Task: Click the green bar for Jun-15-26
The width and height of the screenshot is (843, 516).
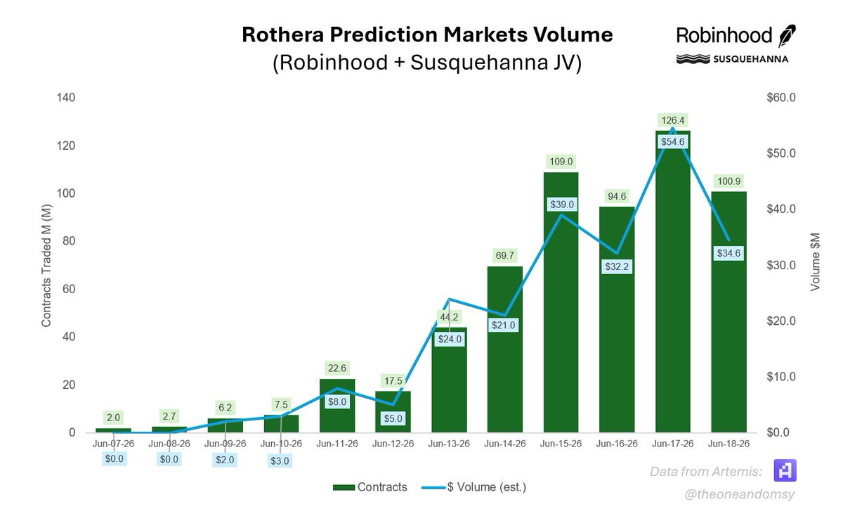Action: (x=561, y=302)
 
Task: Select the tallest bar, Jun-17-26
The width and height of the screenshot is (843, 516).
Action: (x=672, y=282)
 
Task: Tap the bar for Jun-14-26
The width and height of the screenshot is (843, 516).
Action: (x=504, y=349)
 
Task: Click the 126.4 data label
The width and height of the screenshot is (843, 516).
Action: (x=672, y=120)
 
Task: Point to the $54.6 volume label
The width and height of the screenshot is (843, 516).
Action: (x=673, y=142)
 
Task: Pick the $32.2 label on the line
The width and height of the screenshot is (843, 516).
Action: (x=617, y=266)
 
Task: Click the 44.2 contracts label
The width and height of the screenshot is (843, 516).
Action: (x=449, y=317)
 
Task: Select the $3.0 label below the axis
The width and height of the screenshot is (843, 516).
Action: (x=280, y=460)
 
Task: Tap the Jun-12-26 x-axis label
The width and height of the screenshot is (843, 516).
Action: (x=393, y=444)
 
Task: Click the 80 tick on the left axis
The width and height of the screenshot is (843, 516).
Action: (x=69, y=241)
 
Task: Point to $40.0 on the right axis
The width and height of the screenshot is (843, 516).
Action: (x=781, y=209)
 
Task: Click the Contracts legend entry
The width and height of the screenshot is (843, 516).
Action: (x=370, y=487)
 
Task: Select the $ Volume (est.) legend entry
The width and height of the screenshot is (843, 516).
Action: (x=474, y=487)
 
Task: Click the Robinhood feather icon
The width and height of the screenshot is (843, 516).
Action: (x=787, y=36)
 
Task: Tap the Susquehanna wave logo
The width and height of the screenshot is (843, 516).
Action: (x=693, y=59)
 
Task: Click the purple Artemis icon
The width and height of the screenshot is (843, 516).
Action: (x=785, y=470)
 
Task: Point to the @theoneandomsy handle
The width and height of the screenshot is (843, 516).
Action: (x=739, y=494)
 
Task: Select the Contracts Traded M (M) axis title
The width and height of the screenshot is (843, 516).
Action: (x=46, y=266)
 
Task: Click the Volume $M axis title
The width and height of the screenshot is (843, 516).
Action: (x=815, y=262)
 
